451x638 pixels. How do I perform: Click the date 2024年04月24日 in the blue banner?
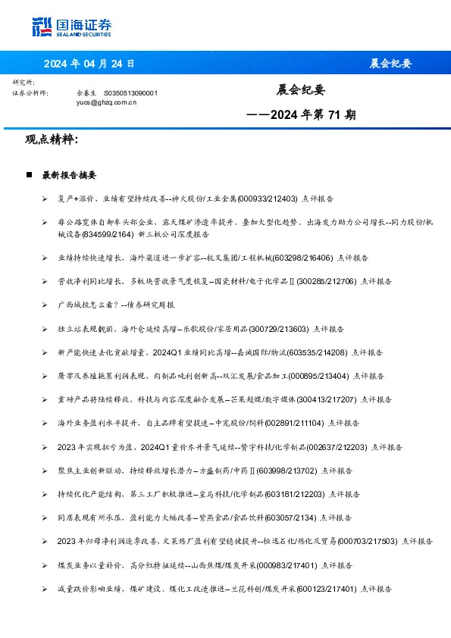(x=89, y=64)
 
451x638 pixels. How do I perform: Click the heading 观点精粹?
(x=52, y=140)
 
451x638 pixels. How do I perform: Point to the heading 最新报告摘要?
(x=69, y=175)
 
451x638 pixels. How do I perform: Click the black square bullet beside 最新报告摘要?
(x=29, y=175)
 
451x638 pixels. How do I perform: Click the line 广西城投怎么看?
(x=116, y=304)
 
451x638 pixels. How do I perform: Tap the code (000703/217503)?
(x=366, y=541)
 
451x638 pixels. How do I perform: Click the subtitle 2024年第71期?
(x=302, y=116)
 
